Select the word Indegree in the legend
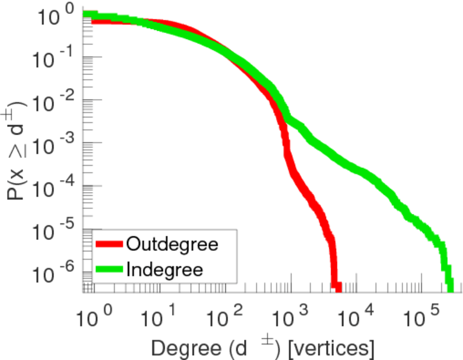coord(166,269)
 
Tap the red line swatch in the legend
coord(109,244)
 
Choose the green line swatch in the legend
coord(109,269)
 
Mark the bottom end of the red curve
coord(336,288)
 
